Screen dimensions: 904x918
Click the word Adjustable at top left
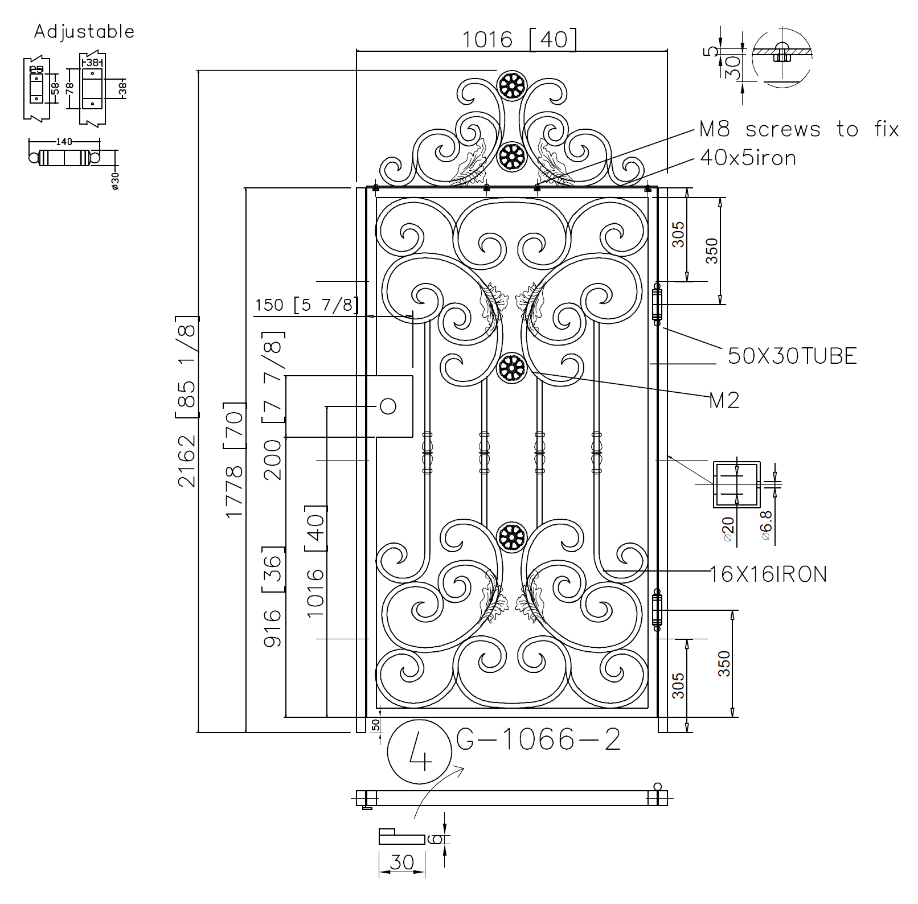coord(84,31)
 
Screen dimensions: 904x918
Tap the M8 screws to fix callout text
coord(798,129)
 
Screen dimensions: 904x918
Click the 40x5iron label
coord(748,158)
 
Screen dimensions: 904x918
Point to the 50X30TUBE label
coord(792,356)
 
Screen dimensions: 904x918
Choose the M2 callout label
coord(724,401)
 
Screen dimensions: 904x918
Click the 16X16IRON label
coord(768,574)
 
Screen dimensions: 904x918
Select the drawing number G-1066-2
coord(538,740)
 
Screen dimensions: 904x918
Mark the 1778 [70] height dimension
coord(235,460)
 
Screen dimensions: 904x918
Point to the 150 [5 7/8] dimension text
coord(306,306)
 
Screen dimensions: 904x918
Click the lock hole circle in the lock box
coord(388,406)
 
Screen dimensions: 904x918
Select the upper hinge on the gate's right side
coord(657,305)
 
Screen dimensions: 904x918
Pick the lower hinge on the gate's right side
coord(657,609)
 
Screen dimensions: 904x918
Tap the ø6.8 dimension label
coord(766,525)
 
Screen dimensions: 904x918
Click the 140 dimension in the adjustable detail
coord(64,142)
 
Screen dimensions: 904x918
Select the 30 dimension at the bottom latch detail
coord(401,862)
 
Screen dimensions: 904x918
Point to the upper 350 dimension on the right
coord(712,250)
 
